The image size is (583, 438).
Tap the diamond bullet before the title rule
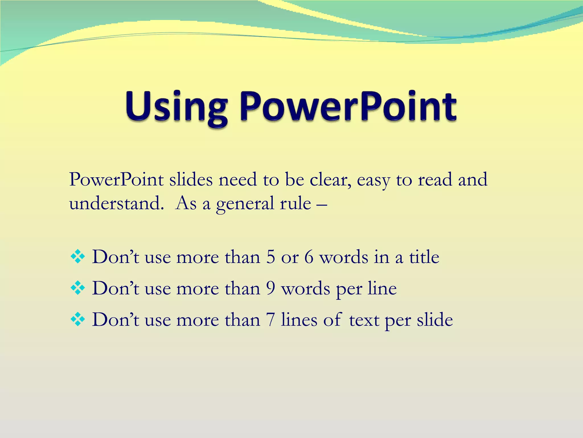pyautogui.click(x=78, y=257)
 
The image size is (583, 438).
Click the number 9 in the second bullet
pyautogui.click(x=271, y=288)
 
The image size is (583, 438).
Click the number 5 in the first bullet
pyautogui.click(x=271, y=257)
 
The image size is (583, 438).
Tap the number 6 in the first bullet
pyautogui.click(x=309, y=257)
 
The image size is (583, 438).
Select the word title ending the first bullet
pyautogui.click(x=424, y=257)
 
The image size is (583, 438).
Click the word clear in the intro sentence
pyautogui.click(x=330, y=180)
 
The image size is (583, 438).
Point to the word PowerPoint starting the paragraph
pyautogui.click(x=116, y=180)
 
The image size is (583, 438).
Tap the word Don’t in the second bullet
pyautogui.click(x=116, y=288)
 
